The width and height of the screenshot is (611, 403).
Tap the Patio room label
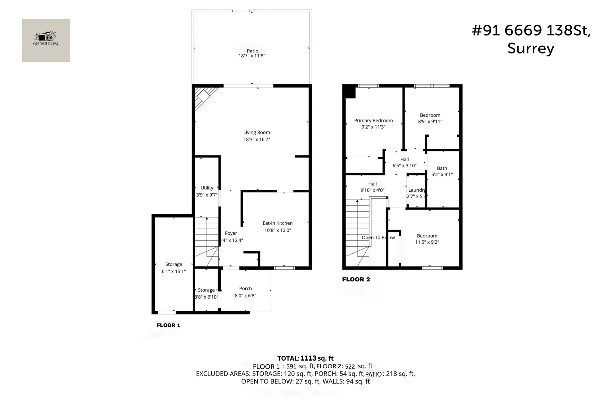[252, 51]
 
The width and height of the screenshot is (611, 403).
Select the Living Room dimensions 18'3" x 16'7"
[257, 139]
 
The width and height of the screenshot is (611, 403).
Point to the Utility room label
[207, 188]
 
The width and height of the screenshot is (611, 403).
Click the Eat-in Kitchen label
[277, 223]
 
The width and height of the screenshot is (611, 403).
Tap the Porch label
[245, 289]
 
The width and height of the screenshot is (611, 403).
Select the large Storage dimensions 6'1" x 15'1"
[174, 271]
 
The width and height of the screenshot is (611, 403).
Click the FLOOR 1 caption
[168, 325]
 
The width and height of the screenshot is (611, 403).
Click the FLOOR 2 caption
[356, 279]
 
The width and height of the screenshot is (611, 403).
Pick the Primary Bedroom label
[373, 121]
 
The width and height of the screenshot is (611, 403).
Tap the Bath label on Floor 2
[442, 168]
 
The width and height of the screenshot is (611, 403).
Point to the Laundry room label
[416, 190]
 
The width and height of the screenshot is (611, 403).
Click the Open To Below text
[378, 237]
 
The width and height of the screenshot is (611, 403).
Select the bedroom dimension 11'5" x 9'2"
[427, 242]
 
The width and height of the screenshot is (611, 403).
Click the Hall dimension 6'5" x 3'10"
[404, 166]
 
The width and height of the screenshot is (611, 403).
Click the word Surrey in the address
[531, 49]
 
